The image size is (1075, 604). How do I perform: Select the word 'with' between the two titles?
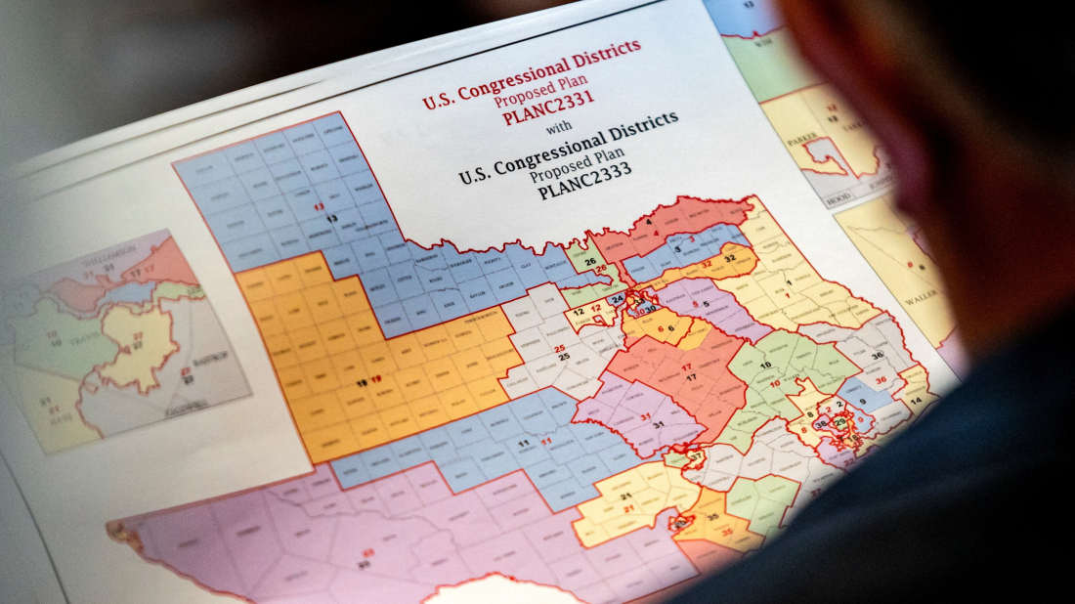point(559,127)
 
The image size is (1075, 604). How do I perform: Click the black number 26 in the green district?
point(590,261)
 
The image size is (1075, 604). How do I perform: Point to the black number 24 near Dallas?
point(617,299)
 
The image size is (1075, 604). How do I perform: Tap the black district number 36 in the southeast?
point(877,356)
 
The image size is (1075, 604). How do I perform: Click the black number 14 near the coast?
point(916,402)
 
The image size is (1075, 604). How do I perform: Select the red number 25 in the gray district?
point(560,347)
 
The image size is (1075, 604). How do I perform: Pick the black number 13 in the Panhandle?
point(332,218)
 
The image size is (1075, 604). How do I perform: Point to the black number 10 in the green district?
point(764,366)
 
